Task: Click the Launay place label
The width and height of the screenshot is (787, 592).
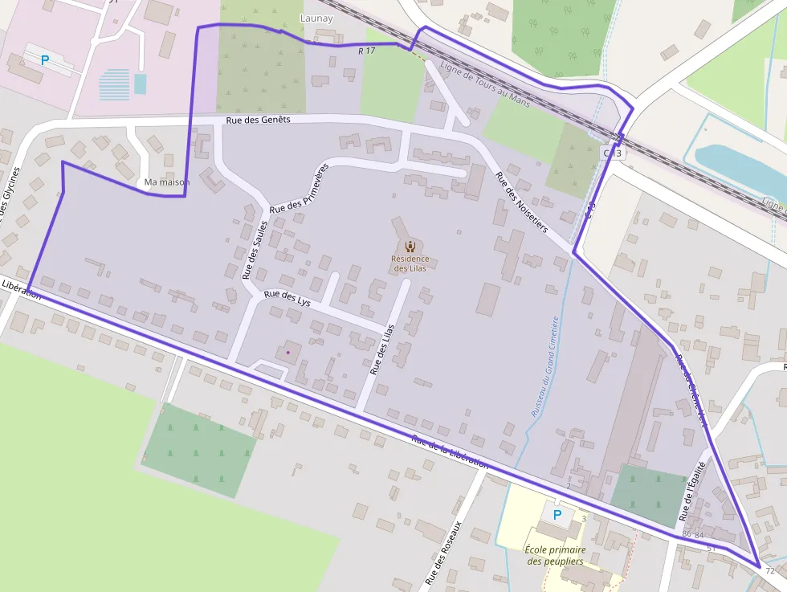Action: tap(316, 18)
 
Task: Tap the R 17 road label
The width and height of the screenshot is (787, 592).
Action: tap(367, 51)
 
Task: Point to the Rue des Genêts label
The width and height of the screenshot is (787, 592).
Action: tap(258, 120)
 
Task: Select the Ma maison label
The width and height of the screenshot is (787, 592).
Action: tap(166, 182)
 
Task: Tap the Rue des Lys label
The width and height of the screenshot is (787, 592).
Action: tap(287, 298)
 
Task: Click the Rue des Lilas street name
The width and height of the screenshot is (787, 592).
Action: tap(382, 349)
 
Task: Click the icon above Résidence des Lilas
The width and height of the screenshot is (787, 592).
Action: tap(410, 246)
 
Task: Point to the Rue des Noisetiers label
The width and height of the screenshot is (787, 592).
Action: tap(521, 202)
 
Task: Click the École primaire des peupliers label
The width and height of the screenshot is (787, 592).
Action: tap(554, 555)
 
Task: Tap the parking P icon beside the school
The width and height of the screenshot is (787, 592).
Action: tap(557, 515)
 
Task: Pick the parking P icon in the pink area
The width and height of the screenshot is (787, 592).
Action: tap(45, 59)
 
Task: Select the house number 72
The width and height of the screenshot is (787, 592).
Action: tap(770, 571)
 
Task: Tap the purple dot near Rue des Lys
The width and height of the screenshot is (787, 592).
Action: tap(287, 352)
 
